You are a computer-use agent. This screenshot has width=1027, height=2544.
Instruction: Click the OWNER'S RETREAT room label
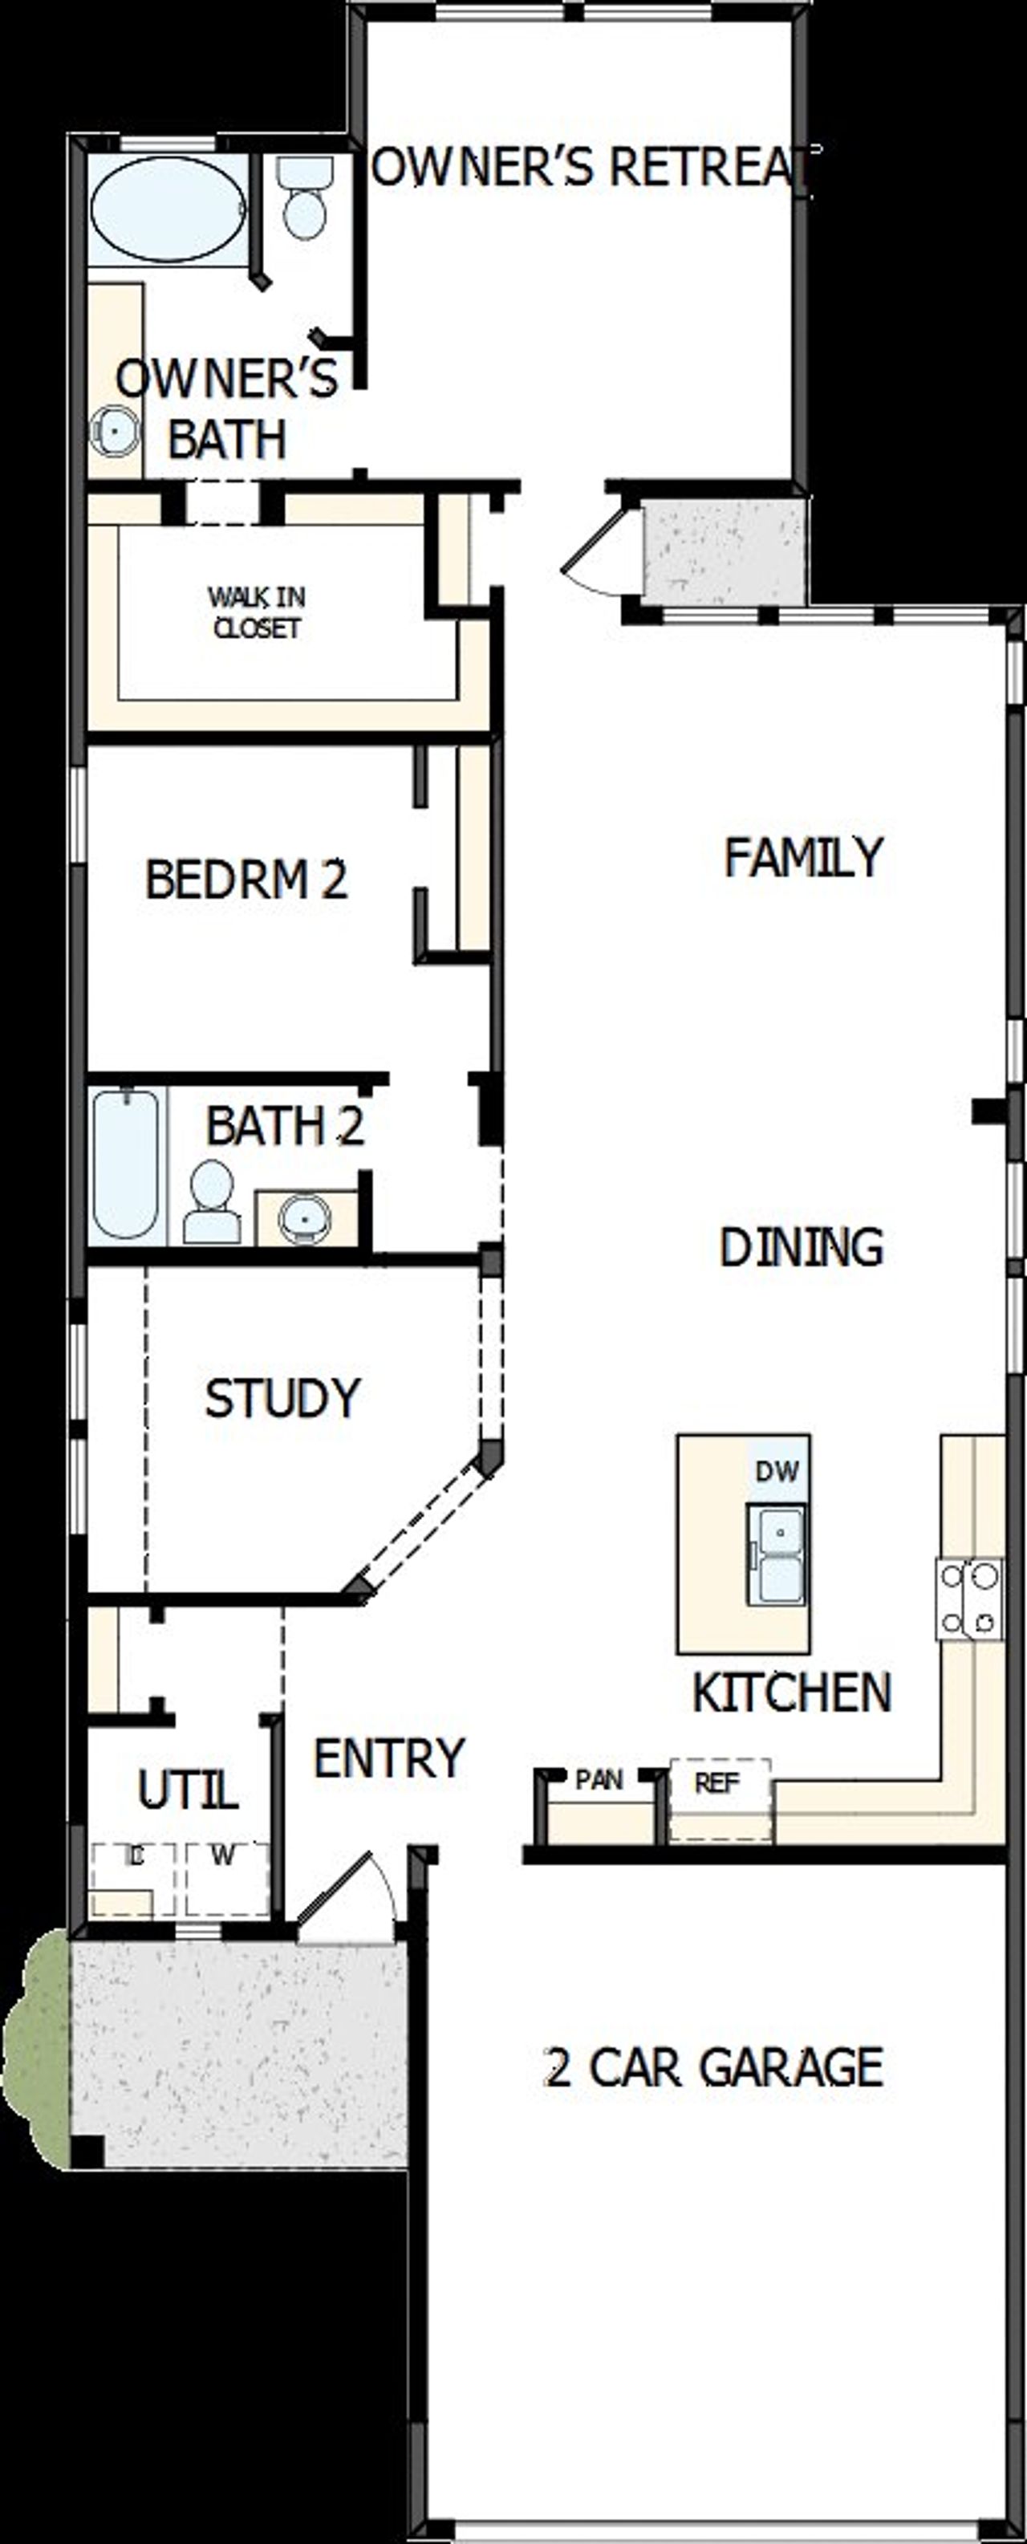point(592,166)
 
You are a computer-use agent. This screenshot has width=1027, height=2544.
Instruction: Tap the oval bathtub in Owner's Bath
point(168,209)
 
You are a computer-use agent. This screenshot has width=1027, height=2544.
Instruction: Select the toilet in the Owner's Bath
point(305,201)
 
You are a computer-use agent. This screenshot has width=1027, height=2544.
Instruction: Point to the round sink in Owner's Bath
point(116,432)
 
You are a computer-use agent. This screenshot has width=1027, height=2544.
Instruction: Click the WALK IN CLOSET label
point(257,612)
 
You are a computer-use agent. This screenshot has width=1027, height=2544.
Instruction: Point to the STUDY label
point(282,1397)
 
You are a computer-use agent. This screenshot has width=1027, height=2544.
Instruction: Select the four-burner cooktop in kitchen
point(970,1599)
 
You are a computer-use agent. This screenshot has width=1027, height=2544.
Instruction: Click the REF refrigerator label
point(717,1783)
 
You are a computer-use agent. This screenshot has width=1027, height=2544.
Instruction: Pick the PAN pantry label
point(599,1780)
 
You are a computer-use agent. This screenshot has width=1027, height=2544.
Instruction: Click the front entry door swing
point(346,1892)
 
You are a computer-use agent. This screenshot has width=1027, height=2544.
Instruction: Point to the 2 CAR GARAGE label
point(713,2067)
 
